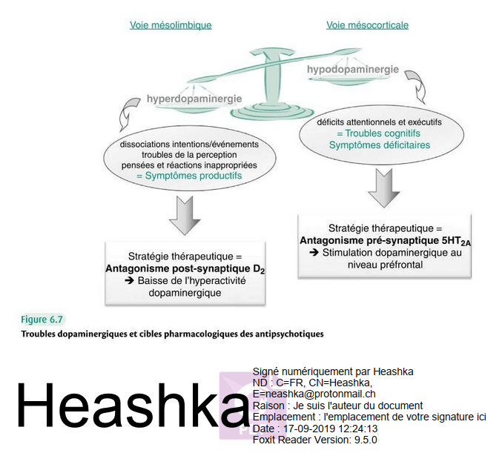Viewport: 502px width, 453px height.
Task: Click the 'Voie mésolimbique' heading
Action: coord(171,25)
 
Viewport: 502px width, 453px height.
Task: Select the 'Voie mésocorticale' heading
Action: coord(367,25)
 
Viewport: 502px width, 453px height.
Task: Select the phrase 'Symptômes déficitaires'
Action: coord(380,145)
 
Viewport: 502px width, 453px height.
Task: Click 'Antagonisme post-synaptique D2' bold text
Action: coord(185,269)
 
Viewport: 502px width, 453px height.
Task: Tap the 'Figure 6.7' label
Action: coord(42,320)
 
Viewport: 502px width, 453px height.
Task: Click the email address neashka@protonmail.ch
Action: coord(319,394)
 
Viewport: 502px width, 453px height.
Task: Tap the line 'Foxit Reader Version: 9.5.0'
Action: coord(315,440)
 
